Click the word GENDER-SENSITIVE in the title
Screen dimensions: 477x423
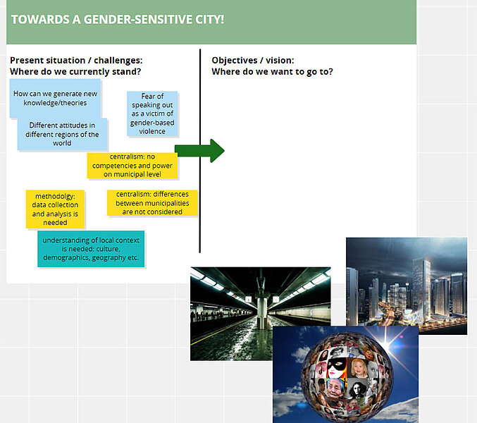tap(138, 20)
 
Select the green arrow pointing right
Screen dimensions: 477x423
tap(199, 151)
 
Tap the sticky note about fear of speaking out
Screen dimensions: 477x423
tap(152, 114)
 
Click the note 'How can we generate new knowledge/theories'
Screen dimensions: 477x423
tap(55, 98)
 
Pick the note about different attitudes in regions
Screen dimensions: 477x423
tap(62, 134)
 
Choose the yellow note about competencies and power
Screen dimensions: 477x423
tap(132, 165)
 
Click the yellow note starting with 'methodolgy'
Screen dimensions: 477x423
tap(55, 209)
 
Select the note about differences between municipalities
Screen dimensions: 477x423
tap(152, 202)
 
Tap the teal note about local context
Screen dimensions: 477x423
tap(91, 249)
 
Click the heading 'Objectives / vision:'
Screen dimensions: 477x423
tap(253, 60)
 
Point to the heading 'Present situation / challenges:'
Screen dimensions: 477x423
tap(76, 60)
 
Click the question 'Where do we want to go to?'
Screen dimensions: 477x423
tap(272, 72)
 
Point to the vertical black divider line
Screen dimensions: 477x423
tap(200, 151)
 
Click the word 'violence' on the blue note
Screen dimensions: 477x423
tap(152, 131)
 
